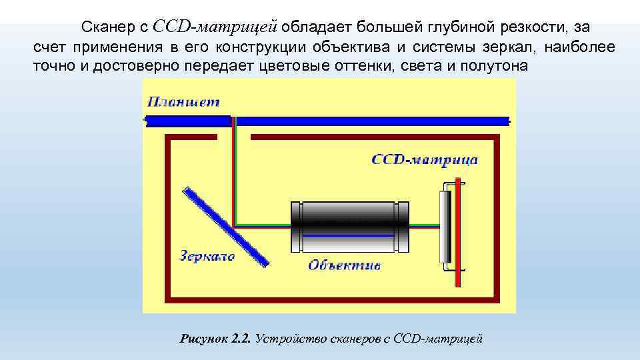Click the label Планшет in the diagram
coord(183,102)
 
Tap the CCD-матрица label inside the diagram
coord(424,160)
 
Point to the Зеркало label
coord(207,256)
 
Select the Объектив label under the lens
coord(344,265)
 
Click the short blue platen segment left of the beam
coord(188,121)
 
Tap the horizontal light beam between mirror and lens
coord(263,225)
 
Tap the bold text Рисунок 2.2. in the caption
coord(215,339)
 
